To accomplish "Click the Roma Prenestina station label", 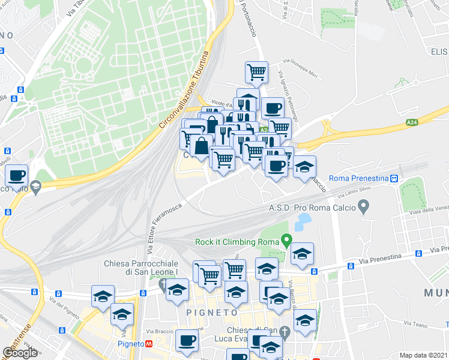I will tap(358, 178).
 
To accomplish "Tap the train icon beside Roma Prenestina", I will tap(394, 178).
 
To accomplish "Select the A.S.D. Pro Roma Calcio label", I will tap(312, 208).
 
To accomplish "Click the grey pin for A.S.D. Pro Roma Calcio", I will tap(363, 208).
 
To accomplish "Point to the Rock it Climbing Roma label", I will tap(237, 242).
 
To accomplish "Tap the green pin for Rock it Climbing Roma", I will tap(287, 242).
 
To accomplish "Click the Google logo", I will tap(20, 353).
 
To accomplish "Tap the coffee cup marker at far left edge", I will tap(17, 176).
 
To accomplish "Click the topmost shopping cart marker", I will tap(257, 72).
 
